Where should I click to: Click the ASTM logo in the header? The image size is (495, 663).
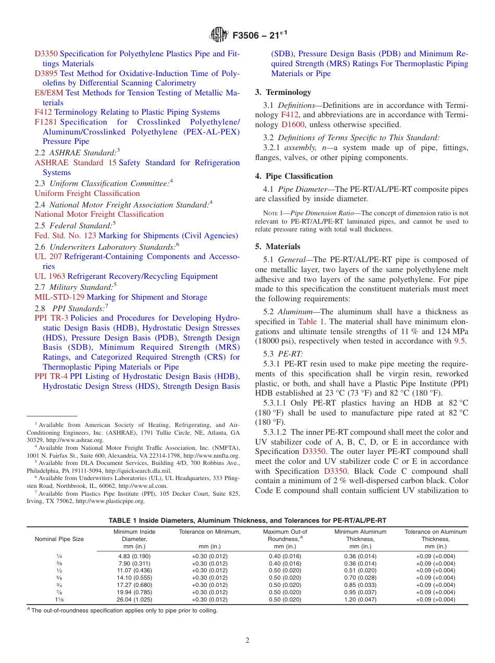coord(218,35)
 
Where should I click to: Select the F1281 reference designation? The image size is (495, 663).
coord(46,122)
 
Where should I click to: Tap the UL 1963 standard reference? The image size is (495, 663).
coord(50,276)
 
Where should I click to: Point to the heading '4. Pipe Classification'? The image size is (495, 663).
coord(294,176)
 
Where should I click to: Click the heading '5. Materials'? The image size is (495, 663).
coord(278,247)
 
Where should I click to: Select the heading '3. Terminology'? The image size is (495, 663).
coord(283,92)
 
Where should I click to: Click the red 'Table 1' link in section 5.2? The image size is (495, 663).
coord(311,322)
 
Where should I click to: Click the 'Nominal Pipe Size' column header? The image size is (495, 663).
coord(59,539)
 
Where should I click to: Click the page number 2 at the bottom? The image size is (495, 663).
coord(247,641)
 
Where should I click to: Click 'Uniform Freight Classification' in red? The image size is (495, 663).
coord(87,193)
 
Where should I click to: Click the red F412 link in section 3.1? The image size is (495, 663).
coord(289,115)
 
